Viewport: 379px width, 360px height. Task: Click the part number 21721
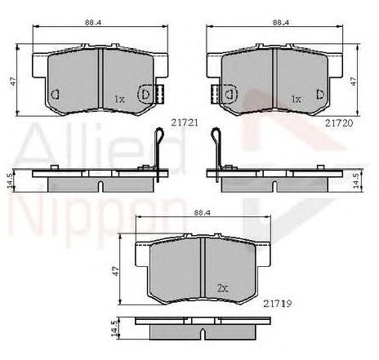pos(185,123)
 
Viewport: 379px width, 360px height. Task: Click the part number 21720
pos(339,123)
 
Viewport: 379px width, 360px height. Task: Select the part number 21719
pos(278,303)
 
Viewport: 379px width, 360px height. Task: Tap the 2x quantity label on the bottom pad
pos(222,288)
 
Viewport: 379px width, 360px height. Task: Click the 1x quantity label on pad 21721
pos(119,99)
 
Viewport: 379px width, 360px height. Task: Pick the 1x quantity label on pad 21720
pos(296,99)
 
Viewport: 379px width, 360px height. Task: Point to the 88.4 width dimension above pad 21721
pos(93,23)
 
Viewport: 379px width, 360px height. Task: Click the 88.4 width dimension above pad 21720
pos(281,23)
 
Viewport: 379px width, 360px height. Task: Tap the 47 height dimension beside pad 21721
pos(13,81)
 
